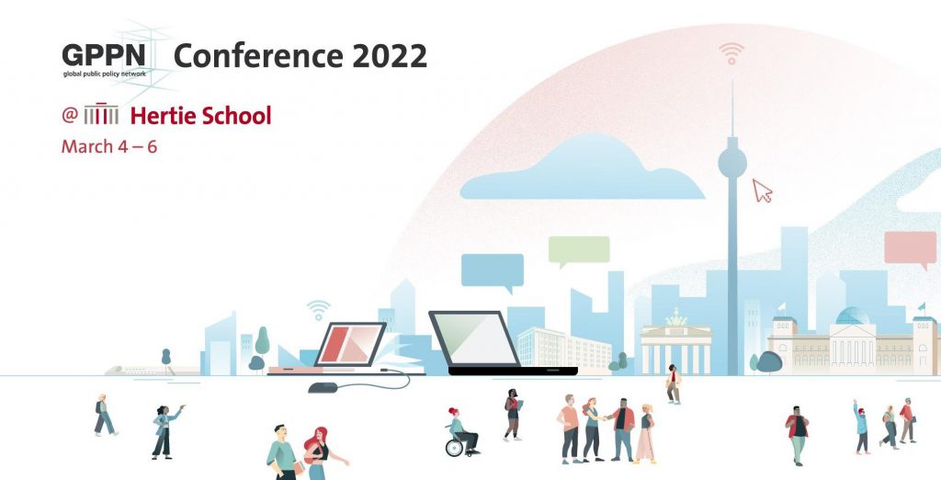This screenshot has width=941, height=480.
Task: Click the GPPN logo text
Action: pos(104,56)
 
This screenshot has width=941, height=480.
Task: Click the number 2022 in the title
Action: pos(390,56)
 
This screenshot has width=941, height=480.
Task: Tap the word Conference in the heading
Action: pos(258,56)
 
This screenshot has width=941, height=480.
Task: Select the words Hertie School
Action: pos(200,115)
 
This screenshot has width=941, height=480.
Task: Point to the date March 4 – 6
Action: pos(109,146)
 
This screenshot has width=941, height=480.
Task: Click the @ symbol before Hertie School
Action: pos(70,115)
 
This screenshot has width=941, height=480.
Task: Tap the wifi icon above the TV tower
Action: pos(731,52)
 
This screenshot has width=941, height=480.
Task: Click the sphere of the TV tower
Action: pos(732,163)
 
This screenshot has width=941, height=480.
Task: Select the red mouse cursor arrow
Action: pos(762,190)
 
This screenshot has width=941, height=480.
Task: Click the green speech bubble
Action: pos(579,251)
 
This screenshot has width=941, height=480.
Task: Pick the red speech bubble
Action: pos(910,249)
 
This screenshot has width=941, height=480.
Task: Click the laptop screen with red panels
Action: pos(350,344)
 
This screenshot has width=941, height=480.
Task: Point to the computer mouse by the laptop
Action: pos(323,387)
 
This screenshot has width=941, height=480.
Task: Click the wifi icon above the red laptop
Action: pos(318,310)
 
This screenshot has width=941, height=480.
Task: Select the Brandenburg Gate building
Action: pos(675,344)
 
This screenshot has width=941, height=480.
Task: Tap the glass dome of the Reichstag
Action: pos(852,316)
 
